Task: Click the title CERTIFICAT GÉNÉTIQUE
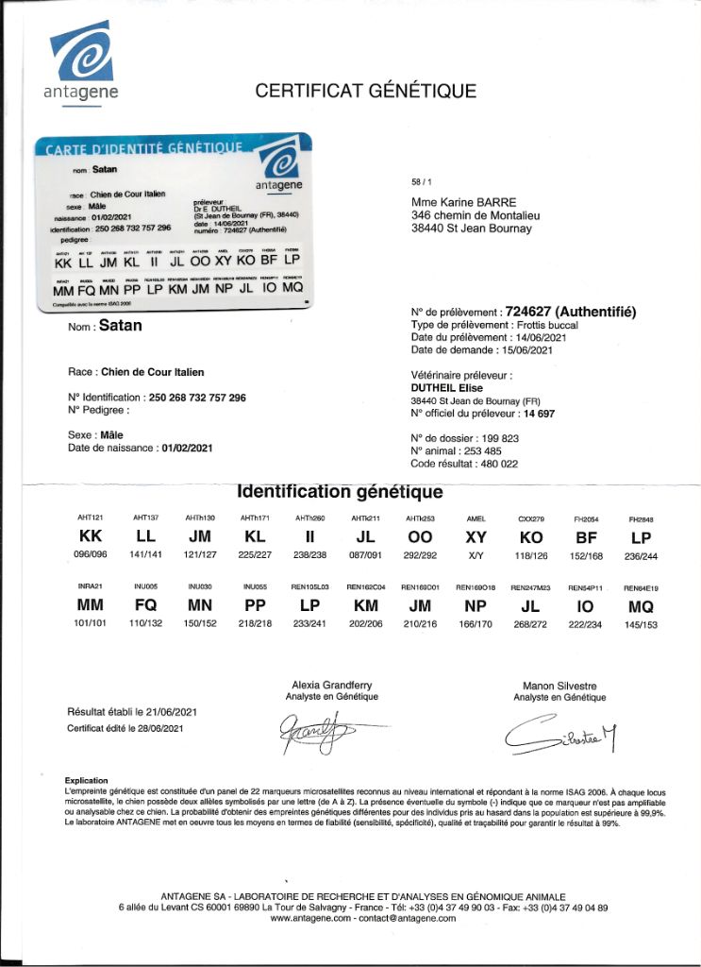click(x=366, y=92)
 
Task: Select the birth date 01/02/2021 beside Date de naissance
click(x=187, y=447)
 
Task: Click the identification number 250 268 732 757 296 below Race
click(x=195, y=398)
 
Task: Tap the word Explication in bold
click(x=87, y=781)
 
